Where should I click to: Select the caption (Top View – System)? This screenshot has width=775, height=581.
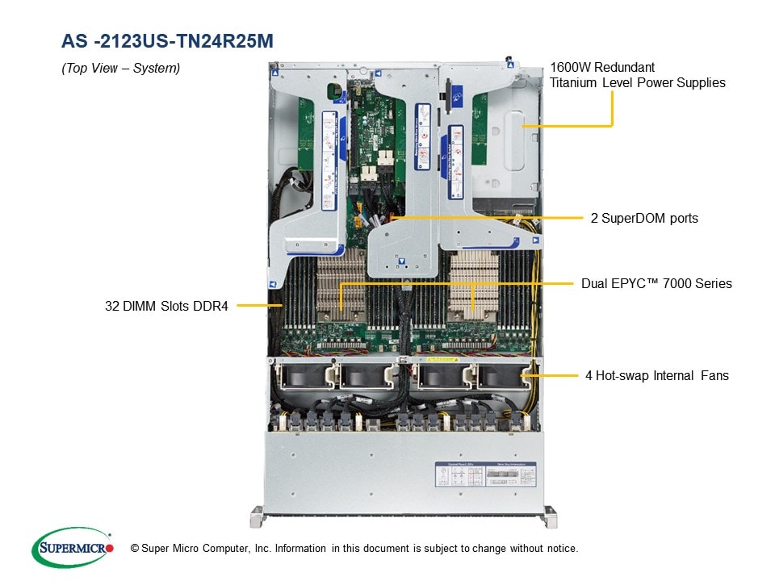coord(120,69)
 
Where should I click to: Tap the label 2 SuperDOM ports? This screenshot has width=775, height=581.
coord(643,218)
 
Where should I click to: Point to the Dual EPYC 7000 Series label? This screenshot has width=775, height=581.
coord(656,284)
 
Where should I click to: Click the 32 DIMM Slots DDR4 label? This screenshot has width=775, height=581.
coord(166,306)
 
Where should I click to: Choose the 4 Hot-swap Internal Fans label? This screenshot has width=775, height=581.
coord(657,375)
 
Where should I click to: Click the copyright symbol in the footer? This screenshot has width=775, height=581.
coord(135,549)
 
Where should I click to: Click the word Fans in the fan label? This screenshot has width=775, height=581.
coord(714,375)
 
